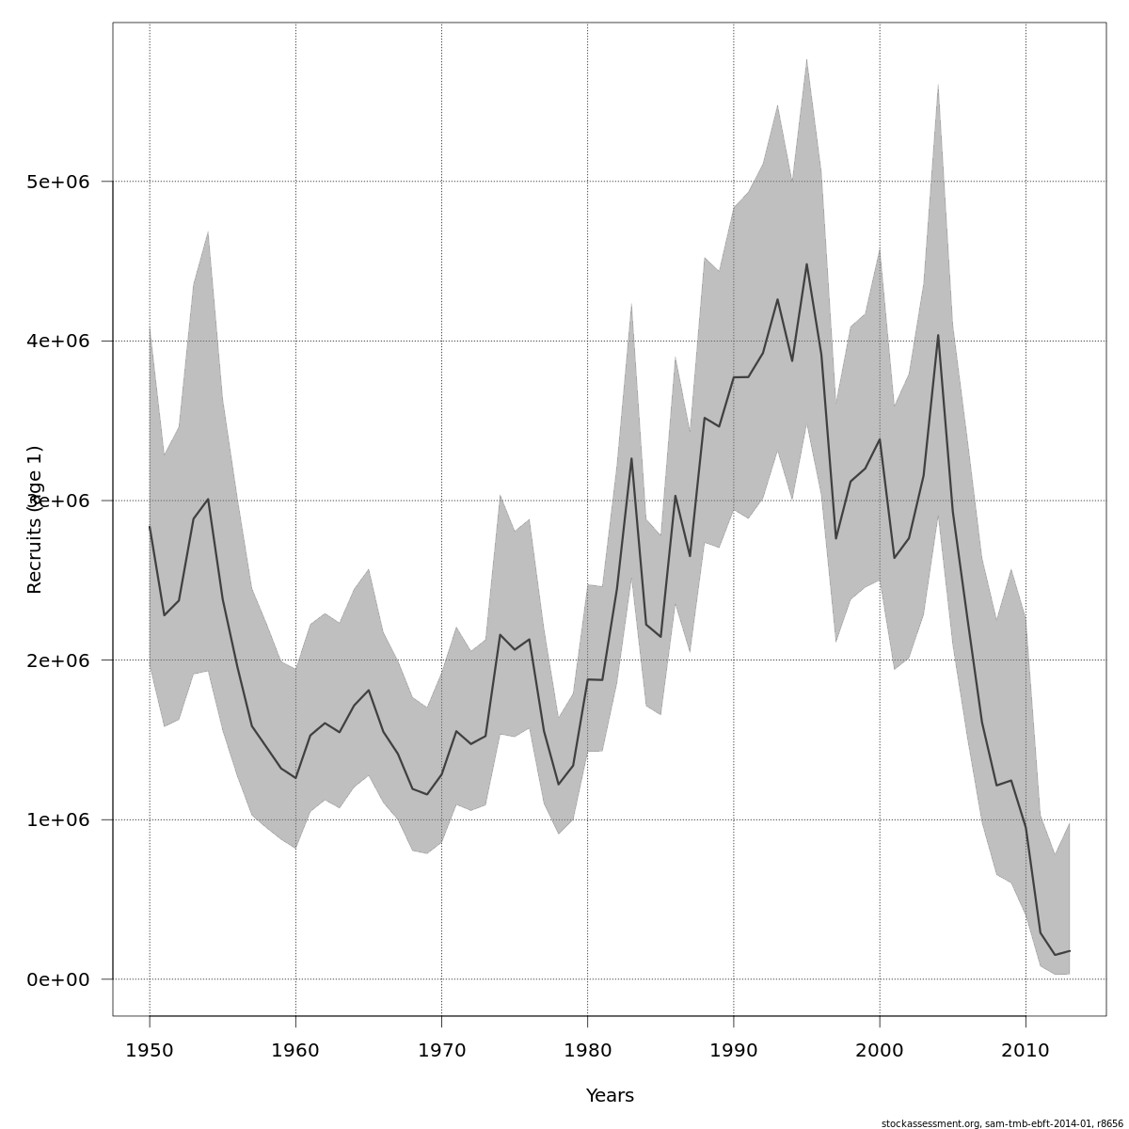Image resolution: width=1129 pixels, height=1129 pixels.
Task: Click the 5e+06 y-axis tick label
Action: click(x=57, y=182)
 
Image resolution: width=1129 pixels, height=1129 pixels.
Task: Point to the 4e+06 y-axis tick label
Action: click(x=57, y=341)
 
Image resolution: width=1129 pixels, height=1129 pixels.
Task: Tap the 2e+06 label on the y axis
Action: click(x=57, y=660)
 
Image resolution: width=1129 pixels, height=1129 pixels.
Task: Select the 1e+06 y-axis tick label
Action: click(x=57, y=819)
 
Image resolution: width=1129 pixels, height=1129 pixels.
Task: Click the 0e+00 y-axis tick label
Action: click(x=57, y=979)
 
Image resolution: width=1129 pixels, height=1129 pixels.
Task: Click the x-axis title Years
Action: click(x=610, y=1096)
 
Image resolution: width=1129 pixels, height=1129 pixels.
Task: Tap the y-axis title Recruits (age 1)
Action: click(x=35, y=519)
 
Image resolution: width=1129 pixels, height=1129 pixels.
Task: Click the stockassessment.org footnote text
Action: click(x=1002, y=1123)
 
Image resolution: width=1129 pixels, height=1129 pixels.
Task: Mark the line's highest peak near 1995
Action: click(x=806, y=264)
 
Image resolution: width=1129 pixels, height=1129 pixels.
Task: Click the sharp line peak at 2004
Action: click(x=938, y=335)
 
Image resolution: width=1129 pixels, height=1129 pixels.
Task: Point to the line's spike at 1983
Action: click(x=631, y=458)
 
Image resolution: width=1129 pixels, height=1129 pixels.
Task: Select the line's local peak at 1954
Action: click(x=208, y=500)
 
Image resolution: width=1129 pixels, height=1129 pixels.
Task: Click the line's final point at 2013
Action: click(x=1070, y=951)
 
